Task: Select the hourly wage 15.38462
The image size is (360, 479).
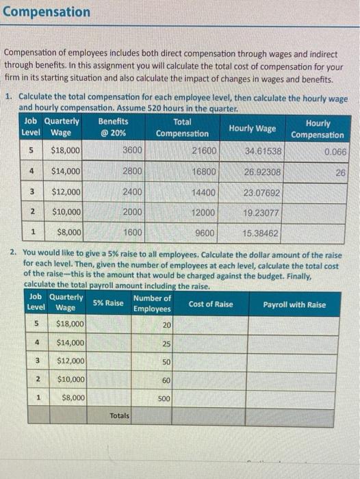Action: coord(260,233)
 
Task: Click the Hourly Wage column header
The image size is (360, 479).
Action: coord(252,128)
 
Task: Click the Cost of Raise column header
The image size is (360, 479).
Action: coord(210,304)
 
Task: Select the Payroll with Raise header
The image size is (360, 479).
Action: coord(294,304)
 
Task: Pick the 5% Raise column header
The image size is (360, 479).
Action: coord(108,303)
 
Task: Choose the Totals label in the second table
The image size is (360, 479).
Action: coord(120,415)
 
